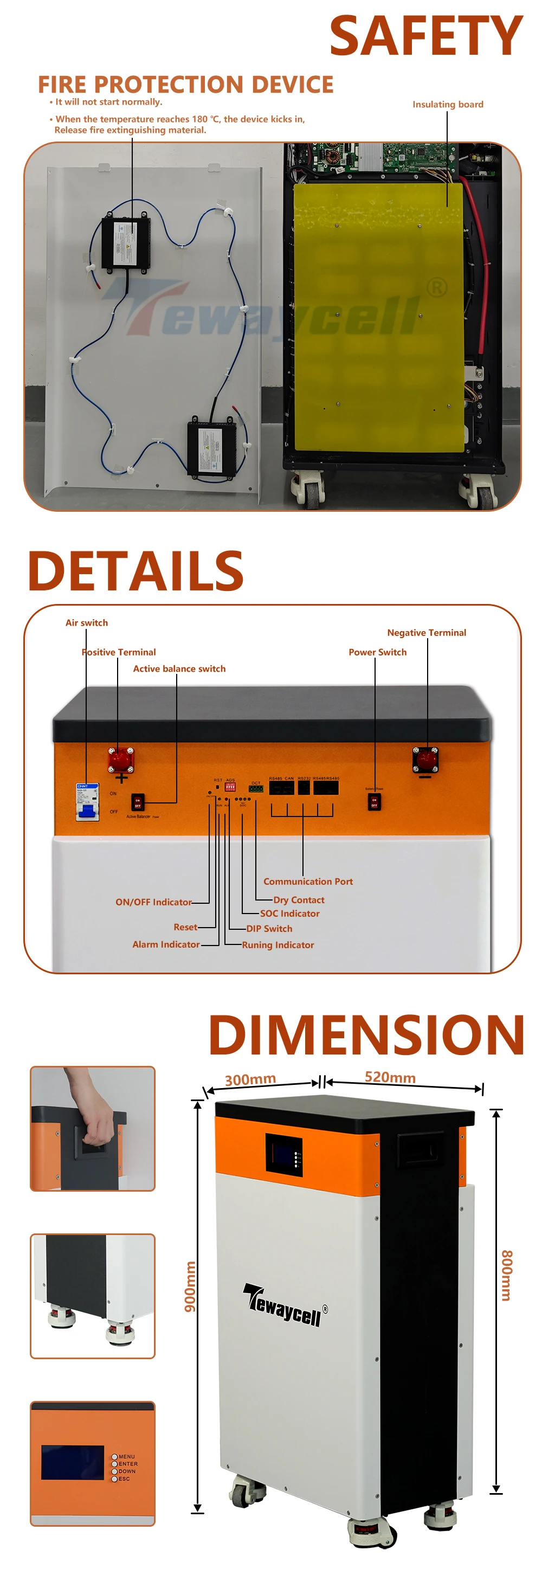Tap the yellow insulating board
378,317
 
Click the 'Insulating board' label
448,104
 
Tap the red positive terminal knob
120,759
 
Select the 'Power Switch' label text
378,652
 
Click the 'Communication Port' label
308,882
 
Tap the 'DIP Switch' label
269,928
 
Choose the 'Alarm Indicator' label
166,944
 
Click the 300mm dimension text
250,1079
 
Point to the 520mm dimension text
390,1077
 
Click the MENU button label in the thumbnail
127,1456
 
